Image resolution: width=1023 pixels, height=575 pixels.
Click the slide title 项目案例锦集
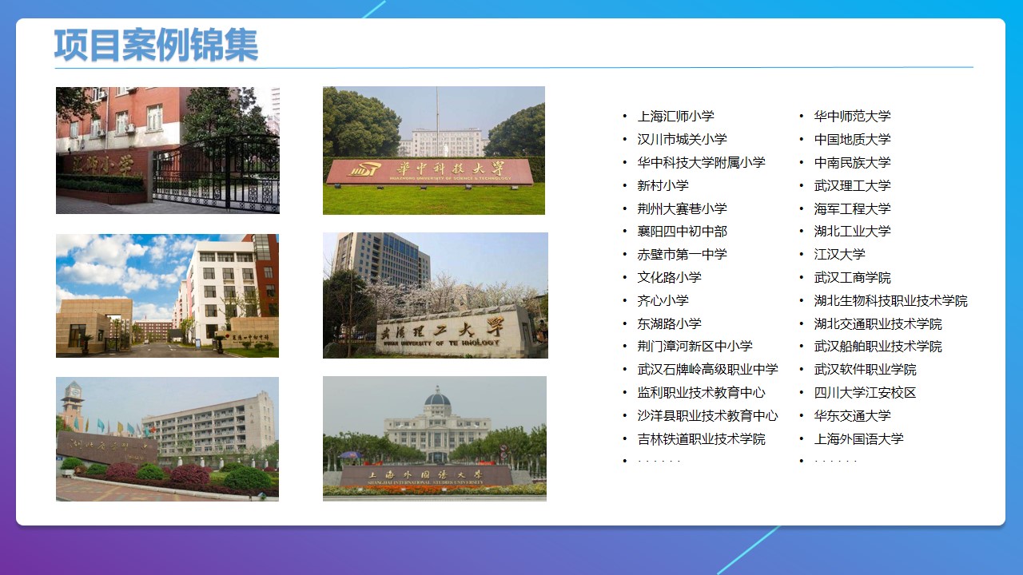(156, 45)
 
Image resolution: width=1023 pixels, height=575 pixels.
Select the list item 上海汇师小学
(675, 117)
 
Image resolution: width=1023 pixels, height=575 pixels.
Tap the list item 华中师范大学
(852, 117)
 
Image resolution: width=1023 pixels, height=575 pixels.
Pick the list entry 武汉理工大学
(852, 185)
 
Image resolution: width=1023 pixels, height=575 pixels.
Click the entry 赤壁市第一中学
(682, 255)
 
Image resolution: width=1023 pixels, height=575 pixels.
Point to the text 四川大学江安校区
(865, 393)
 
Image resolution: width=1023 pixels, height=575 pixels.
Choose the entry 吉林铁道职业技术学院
(701, 439)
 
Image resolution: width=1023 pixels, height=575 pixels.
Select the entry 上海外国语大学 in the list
(858, 439)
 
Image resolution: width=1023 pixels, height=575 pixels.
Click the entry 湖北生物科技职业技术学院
(890, 301)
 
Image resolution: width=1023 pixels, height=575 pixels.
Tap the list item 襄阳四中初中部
(682, 232)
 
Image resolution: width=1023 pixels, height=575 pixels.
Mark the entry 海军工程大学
(852, 208)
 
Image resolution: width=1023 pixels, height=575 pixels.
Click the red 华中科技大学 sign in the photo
(429, 170)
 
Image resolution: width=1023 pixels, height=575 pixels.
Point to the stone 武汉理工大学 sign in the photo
(452, 330)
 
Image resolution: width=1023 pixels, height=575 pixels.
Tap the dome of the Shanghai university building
(436, 397)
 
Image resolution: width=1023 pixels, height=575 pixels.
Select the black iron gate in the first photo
(216, 174)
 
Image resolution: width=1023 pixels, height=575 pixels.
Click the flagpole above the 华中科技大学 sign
(436, 120)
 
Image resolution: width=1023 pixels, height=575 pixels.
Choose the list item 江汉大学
(839, 255)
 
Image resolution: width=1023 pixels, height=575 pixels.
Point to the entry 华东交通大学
(852, 416)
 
